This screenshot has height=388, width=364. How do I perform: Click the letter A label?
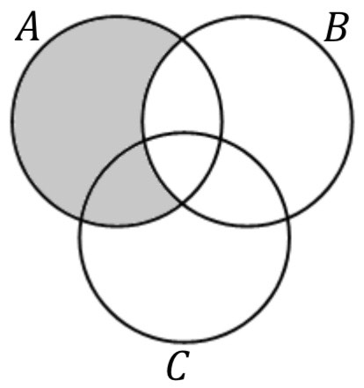point(27,26)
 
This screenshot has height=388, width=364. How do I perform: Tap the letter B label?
point(337,27)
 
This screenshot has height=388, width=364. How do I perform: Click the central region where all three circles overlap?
point(182,165)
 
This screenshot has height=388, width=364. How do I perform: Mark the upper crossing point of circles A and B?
point(182,39)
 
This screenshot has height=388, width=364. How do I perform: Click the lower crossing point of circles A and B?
point(182,203)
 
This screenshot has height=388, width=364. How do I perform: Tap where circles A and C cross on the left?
point(82,219)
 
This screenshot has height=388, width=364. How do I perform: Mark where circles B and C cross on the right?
point(288,217)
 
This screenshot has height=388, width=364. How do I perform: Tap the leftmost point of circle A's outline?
point(12,121)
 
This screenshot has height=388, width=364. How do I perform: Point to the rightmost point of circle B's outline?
point(353,121)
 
